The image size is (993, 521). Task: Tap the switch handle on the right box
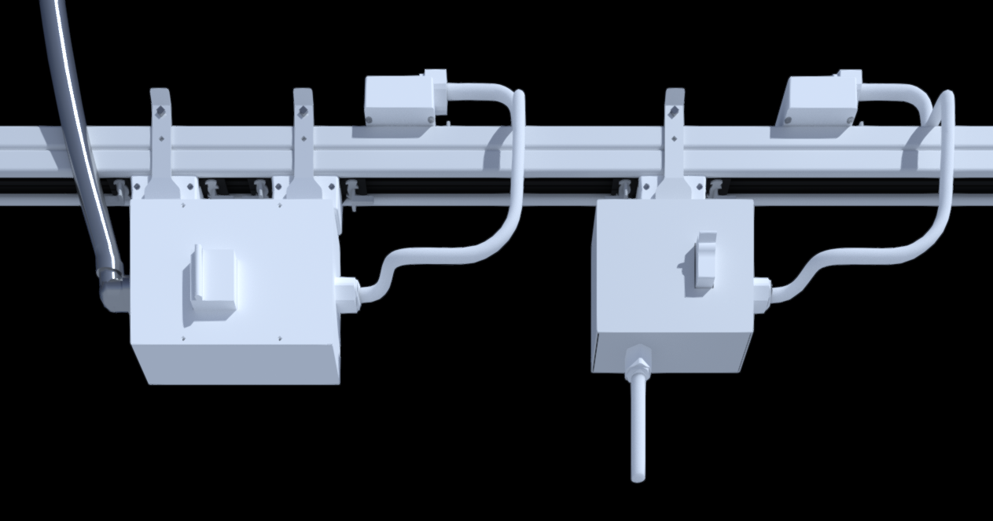(x=704, y=259)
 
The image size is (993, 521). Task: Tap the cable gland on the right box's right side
(x=761, y=292)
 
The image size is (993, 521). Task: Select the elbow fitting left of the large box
(x=112, y=292)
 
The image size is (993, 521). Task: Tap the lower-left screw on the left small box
(x=370, y=119)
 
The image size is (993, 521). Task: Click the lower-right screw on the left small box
(x=430, y=119)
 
